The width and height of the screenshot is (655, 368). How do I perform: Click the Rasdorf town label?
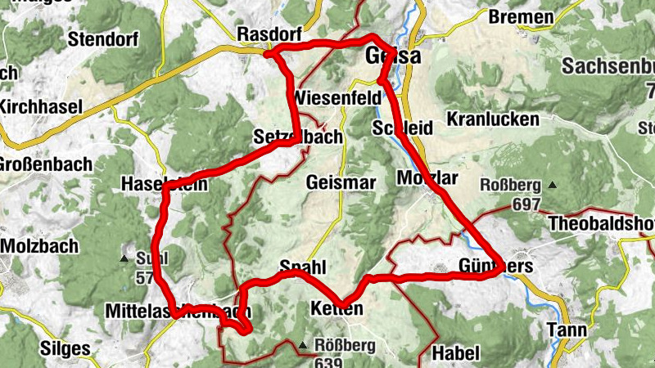coord(269,34)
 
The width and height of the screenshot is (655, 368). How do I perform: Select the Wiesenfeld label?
coord(337,97)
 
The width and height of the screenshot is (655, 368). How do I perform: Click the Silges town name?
coord(65,348)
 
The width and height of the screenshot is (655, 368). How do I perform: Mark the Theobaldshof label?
coord(602,223)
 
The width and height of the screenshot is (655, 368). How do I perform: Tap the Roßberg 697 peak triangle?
coord(553,185)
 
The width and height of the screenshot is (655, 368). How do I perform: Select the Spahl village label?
coord(303,267)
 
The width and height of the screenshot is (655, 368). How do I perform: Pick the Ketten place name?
coord(337,308)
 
